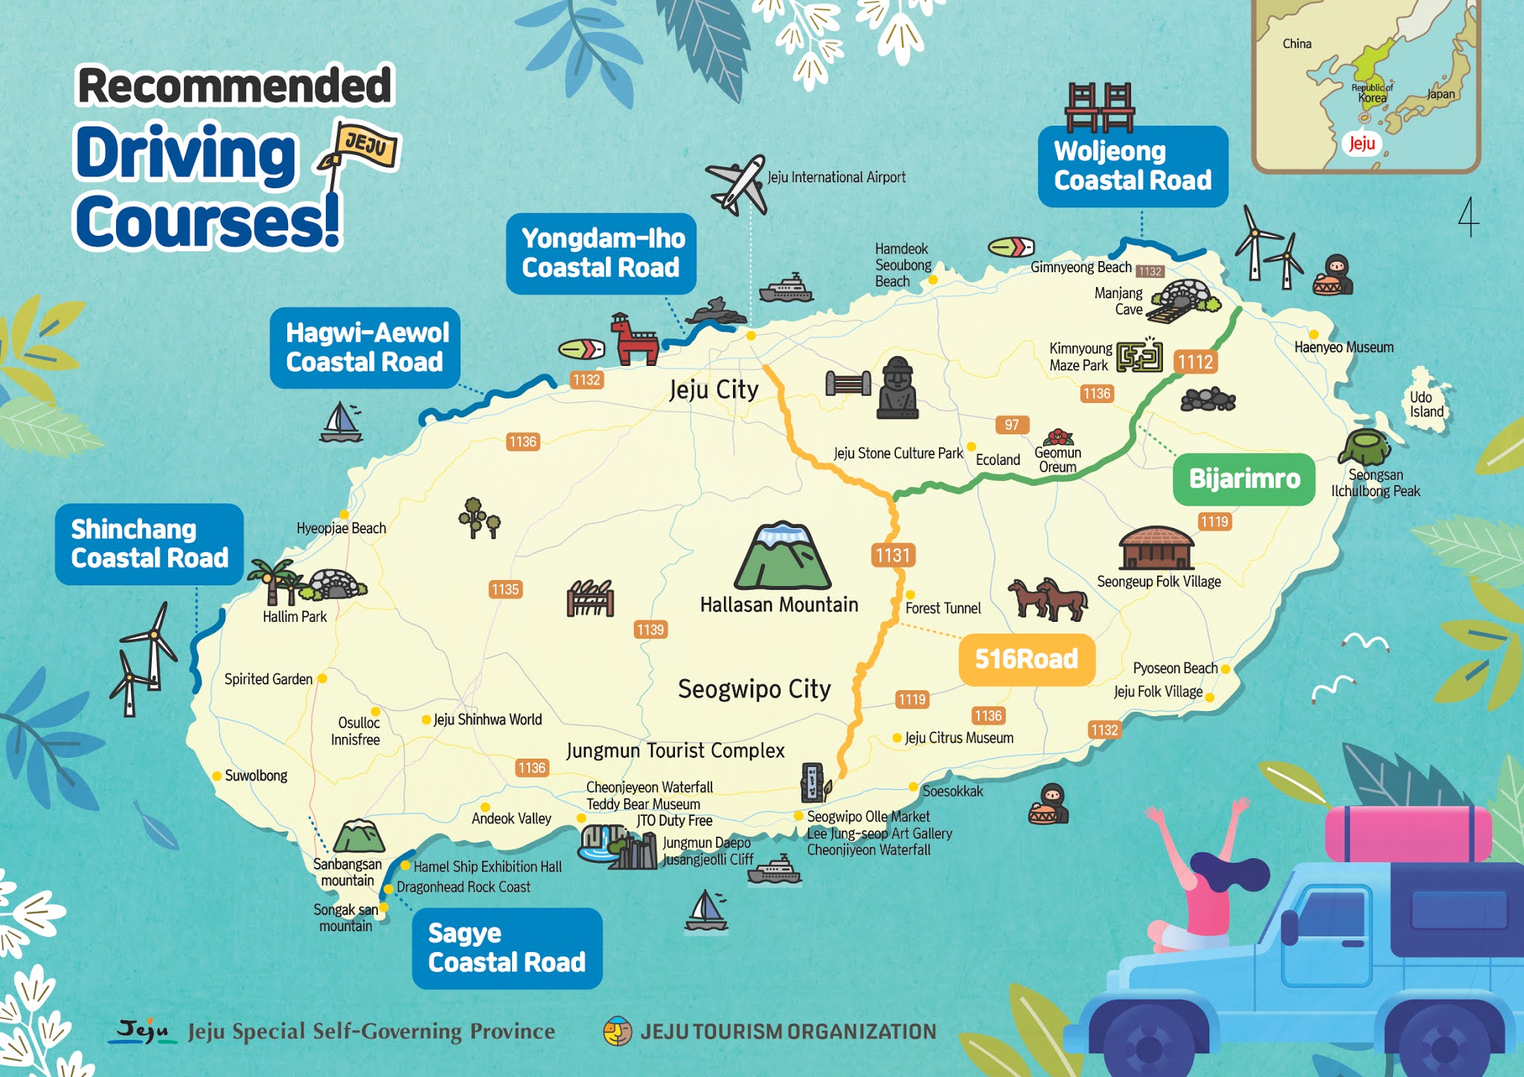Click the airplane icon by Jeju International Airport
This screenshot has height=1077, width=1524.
(x=737, y=184)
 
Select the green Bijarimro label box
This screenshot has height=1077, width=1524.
(x=1243, y=479)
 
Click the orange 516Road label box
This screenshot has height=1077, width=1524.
(x=1026, y=659)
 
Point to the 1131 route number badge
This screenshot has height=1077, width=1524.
(x=892, y=556)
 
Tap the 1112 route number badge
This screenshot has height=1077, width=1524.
(x=1195, y=362)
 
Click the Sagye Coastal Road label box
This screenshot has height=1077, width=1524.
(x=507, y=948)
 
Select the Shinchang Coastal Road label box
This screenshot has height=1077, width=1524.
(x=149, y=544)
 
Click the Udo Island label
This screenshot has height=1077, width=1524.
(x=1427, y=405)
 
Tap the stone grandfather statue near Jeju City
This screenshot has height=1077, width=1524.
(x=897, y=388)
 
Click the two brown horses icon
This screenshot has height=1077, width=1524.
(x=1048, y=598)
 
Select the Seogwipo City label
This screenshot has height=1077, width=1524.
(x=754, y=689)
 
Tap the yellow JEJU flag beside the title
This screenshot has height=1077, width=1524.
(x=365, y=144)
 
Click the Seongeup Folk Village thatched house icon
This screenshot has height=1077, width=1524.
(x=1156, y=548)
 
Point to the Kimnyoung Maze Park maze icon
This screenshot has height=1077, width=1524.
(x=1139, y=356)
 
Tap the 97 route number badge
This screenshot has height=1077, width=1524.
(x=1011, y=425)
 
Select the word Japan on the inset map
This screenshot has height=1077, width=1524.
(x=1440, y=94)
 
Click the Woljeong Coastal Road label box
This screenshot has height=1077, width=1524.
(x=1132, y=166)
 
